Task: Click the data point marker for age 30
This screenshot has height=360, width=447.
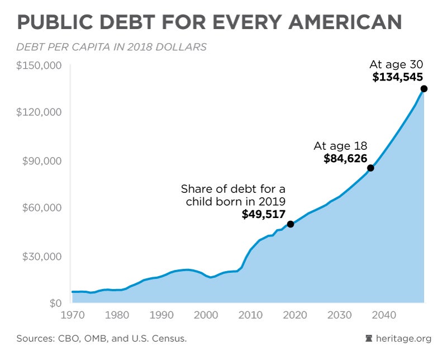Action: pyautogui.click(x=424, y=89)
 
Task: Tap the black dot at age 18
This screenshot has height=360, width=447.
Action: pyautogui.click(x=370, y=168)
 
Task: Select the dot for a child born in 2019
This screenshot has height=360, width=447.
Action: pyautogui.click(x=291, y=224)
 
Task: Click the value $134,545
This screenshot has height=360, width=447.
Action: pyautogui.click(x=398, y=78)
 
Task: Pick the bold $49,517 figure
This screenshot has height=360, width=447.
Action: pyautogui.click(x=264, y=214)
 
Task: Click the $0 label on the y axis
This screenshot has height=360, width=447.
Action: pyautogui.click(x=54, y=304)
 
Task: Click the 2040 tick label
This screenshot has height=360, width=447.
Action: pyautogui.click(x=384, y=315)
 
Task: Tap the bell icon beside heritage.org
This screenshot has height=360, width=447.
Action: pyautogui.click(x=368, y=339)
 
